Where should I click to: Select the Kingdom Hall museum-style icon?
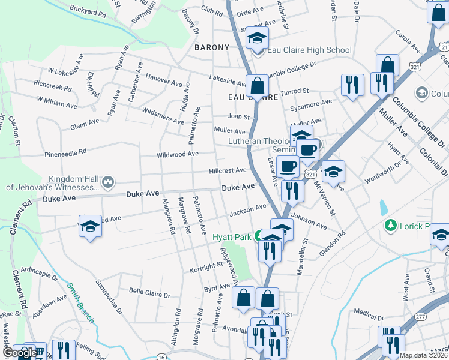coord(108,181)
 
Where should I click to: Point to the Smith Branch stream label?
coord(80,303)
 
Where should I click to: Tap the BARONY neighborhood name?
coord(212,47)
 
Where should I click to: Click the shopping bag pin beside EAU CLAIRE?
coord(258,86)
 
